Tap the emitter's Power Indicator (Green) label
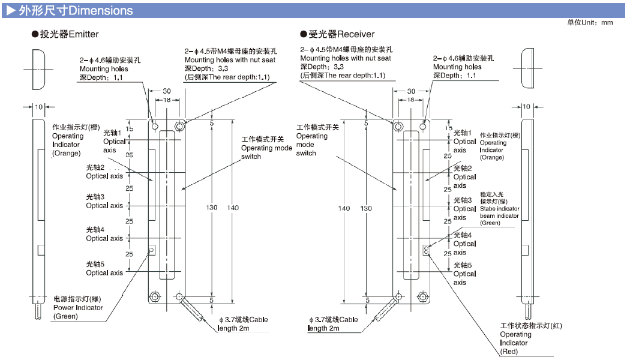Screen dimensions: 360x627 [78, 307]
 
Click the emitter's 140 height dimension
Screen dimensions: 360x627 [233, 208]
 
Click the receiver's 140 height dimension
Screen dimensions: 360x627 [344, 208]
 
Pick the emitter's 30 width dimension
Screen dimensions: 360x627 [167, 91]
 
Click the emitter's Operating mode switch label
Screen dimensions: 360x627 [266, 148]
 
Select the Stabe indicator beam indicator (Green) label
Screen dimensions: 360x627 [499, 209]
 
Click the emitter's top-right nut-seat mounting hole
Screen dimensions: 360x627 [180, 127]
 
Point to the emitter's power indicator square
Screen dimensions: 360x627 [152, 249]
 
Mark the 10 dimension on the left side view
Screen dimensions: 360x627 [38, 107]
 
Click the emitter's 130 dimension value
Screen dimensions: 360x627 [212, 208]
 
